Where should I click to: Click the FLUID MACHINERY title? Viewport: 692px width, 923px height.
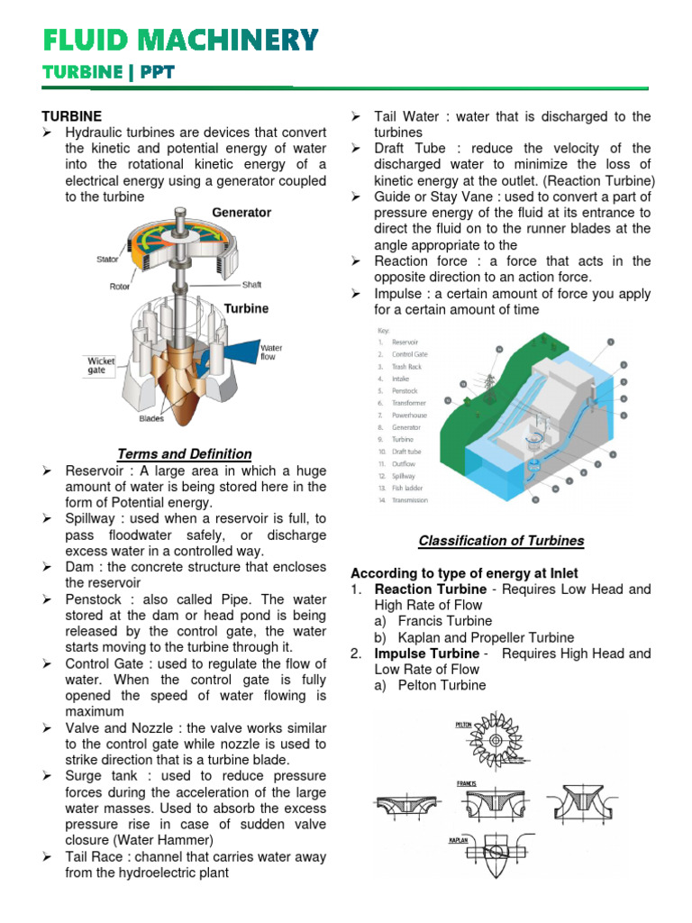(181, 40)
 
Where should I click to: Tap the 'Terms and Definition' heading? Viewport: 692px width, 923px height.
(185, 453)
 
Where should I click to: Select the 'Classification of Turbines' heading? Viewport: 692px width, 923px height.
(501, 541)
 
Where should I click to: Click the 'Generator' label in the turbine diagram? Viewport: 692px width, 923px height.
(241, 213)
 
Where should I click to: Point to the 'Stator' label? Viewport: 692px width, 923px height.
(108, 260)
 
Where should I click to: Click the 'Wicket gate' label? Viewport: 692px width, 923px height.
(101, 364)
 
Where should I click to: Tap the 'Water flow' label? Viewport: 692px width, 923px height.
(271, 352)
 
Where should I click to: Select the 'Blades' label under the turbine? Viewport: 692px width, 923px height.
(151, 419)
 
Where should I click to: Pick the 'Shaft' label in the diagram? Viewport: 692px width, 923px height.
(251, 285)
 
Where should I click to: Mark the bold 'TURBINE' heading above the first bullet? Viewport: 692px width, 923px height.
(72, 116)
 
